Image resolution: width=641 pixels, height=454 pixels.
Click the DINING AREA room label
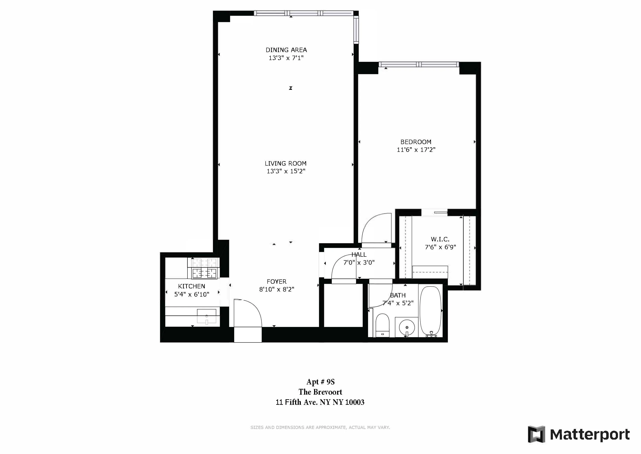(286, 50)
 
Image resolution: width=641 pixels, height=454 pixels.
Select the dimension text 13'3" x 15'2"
(286, 171)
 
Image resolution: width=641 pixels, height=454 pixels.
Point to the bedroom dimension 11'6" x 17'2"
(416, 150)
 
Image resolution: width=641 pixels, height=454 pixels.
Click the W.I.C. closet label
(440, 239)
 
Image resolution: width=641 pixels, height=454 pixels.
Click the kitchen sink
(207, 316)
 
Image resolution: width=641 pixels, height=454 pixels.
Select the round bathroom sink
(407, 327)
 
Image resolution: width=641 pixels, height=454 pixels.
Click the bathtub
(431, 311)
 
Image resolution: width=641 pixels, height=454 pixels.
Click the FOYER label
(276, 282)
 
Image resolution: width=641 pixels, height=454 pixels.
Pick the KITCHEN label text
(191, 286)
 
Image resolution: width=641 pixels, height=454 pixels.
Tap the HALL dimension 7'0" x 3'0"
(359, 262)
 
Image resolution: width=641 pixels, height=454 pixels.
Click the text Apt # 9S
(320, 382)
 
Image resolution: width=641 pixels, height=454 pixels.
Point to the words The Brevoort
(320, 392)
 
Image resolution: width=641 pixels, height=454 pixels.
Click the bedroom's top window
(419, 64)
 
